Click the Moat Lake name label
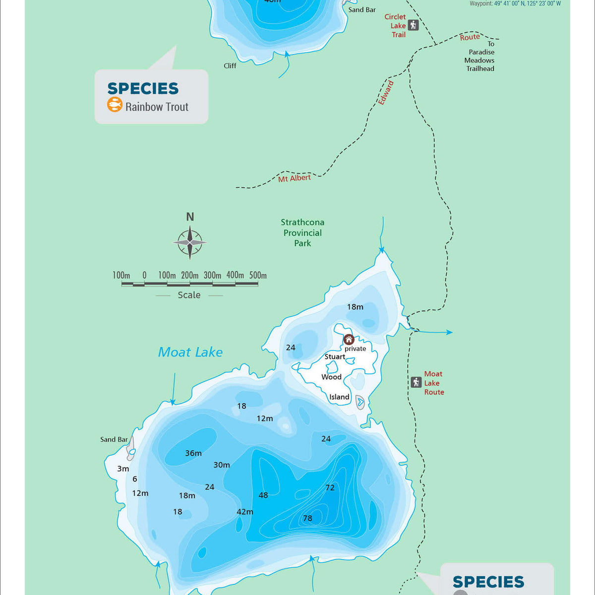(190, 352)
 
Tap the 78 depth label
(307, 518)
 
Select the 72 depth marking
(330, 487)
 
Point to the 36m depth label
(193, 453)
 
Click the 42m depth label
(245, 512)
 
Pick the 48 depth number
(263, 495)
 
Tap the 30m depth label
(222, 465)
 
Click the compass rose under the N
(189, 242)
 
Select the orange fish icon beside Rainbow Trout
(115, 105)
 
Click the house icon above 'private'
(349, 340)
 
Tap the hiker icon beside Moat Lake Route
(416, 382)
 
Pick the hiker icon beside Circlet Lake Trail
(413, 25)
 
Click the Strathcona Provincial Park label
(302, 233)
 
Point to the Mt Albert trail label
(294, 178)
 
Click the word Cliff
(230, 65)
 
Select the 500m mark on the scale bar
(258, 275)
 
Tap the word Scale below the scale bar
(189, 295)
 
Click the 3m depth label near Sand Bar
(123, 469)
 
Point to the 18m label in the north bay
(355, 307)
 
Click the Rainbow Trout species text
(157, 107)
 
